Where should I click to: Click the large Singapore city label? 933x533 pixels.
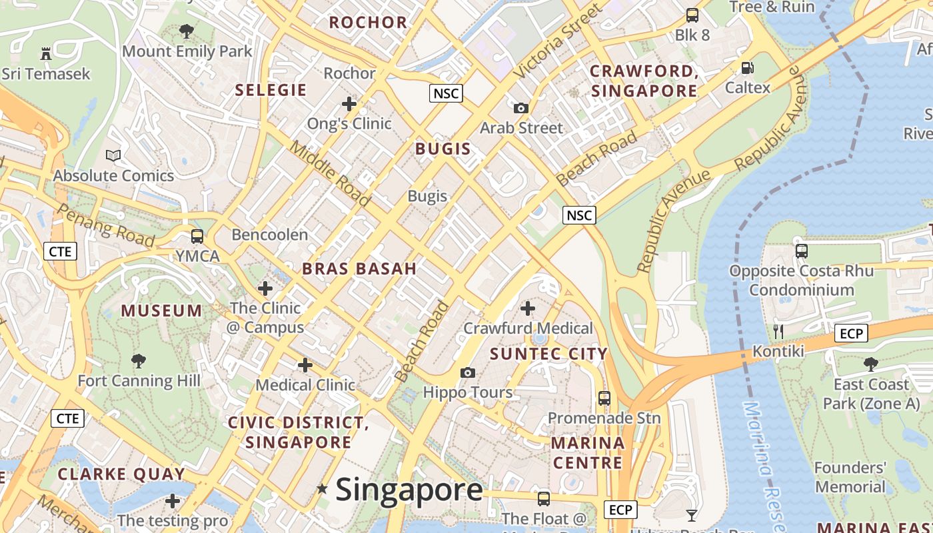point(409,490)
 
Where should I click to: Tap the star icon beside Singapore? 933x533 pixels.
point(323,489)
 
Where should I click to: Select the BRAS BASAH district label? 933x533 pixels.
point(359,268)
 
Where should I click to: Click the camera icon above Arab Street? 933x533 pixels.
point(521,108)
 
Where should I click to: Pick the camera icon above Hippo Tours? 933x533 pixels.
point(468,372)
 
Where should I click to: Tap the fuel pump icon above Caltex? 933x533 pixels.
point(748,67)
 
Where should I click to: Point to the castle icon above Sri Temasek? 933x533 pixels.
point(46,53)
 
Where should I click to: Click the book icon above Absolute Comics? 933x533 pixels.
point(114,155)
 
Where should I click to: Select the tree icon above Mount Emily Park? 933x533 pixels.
point(187,31)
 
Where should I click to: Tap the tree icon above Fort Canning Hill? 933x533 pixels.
point(139,361)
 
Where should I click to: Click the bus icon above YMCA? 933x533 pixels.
point(197,236)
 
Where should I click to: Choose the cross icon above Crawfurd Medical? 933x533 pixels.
point(528,308)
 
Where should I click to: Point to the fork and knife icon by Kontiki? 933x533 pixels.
point(778,331)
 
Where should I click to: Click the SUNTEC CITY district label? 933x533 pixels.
point(548,354)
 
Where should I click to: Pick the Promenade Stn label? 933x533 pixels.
point(604,418)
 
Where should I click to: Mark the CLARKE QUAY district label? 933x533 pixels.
point(121,474)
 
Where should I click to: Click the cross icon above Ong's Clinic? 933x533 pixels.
point(349,104)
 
